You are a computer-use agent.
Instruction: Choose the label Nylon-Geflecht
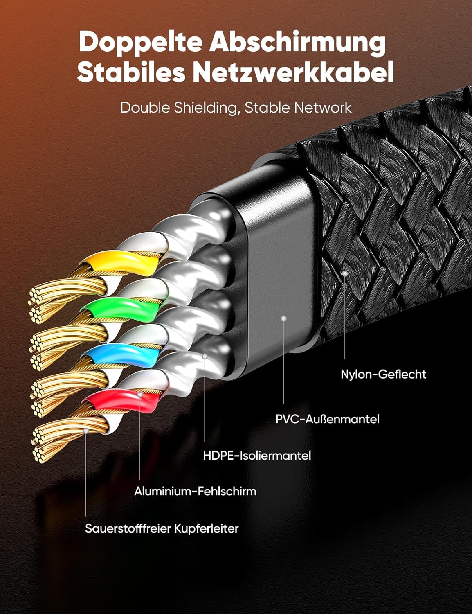(383, 374)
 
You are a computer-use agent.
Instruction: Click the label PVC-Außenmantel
(328, 419)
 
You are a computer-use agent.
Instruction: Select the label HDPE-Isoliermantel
(257, 455)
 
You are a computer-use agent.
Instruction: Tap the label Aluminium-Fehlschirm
(195, 491)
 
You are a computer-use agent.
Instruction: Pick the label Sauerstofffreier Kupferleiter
(162, 528)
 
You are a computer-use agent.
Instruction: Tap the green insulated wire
(121, 306)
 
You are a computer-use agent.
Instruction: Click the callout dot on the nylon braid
(345, 273)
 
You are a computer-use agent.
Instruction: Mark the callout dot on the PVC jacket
(284, 318)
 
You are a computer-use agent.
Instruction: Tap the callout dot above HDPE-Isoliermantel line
(205, 357)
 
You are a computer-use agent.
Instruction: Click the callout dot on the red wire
(140, 394)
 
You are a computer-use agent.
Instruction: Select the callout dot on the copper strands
(86, 431)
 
